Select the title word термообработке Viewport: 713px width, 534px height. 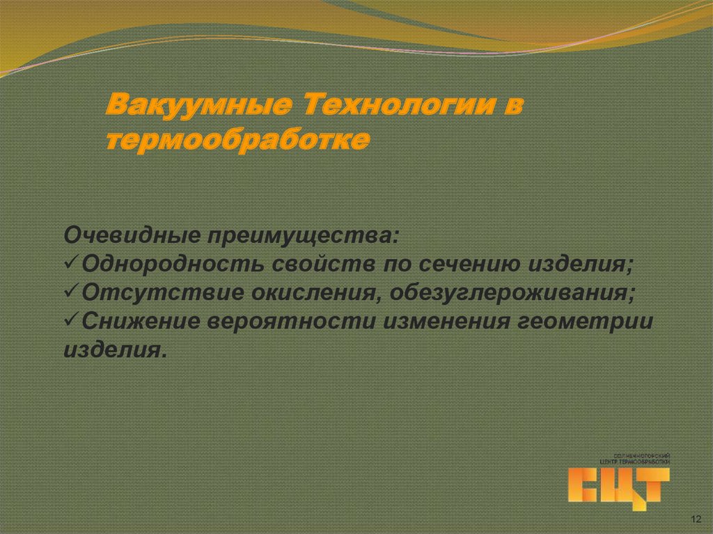[x=238, y=140]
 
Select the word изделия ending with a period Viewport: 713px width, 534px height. [x=115, y=349]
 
